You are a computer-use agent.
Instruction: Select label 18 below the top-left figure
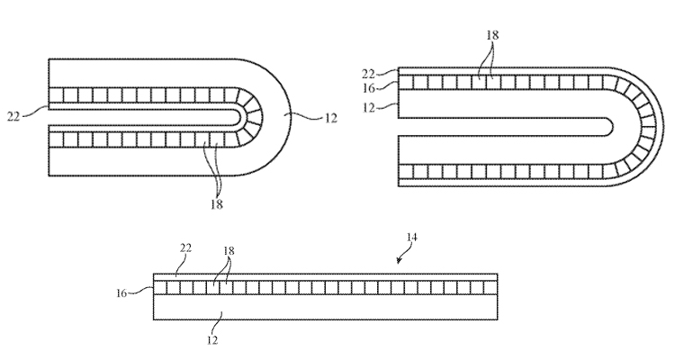pyautogui.click(x=217, y=203)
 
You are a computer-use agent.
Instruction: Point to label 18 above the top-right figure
pyautogui.click(x=492, y=34)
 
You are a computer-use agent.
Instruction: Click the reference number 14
pyautogui.click(x=412, y=238)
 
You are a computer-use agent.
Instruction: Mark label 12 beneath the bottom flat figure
pyautogui.click(x=211, y=340)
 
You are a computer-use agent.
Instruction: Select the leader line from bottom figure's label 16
pyautogui.click(x=143, y=290)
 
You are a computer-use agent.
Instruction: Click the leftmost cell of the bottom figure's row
pyautogui.click(x=162, y=288)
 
